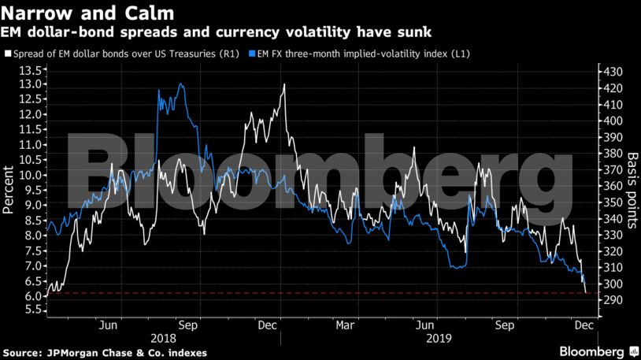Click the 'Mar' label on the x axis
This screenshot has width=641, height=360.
coord(344,324)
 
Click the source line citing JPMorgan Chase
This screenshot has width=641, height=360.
coord(105,352)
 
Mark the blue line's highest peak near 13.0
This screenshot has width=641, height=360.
coord(182,84)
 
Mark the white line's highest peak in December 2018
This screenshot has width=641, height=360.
coord(283,84)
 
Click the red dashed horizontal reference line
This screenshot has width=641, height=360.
coord(315,293)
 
